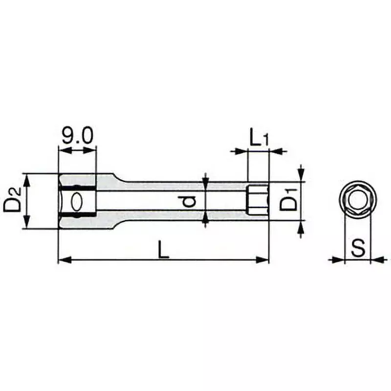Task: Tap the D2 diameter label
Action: coord(13,201)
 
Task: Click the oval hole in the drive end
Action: coord(77,201)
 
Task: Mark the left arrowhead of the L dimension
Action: coord(62,260)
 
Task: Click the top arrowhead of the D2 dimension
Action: coord(27,178)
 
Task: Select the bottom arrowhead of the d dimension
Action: coord(205,219)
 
